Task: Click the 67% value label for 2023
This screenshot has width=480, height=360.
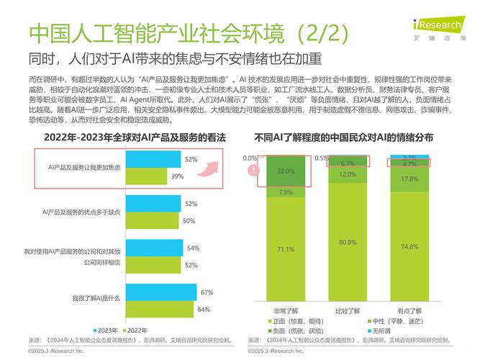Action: point(207,292)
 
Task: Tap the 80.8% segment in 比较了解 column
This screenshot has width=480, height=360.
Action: point(348,242)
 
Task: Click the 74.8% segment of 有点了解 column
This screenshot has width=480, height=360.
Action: point(409,246)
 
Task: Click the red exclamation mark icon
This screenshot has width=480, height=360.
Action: point(253,171)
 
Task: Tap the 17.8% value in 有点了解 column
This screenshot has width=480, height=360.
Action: point(409,179)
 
